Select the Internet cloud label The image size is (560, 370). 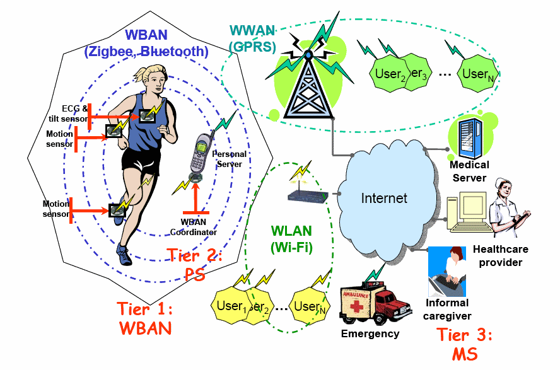click(x=384, y=198)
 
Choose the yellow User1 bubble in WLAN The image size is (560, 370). click(x=231, y=306)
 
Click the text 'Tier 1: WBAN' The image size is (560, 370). click(x=145, y=318)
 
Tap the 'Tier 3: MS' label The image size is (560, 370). click(x=465, y=344)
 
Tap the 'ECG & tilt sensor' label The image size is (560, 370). click(x=75, y=113)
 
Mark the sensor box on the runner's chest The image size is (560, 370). click(x=149, y=115)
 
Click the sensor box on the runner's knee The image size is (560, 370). click(x=117, y=211)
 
